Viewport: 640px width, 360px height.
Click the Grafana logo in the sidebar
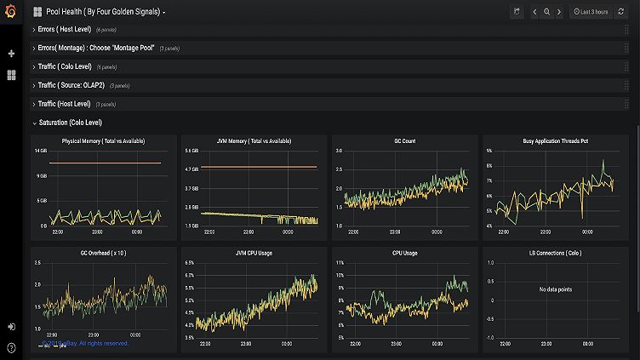tap(11, 12)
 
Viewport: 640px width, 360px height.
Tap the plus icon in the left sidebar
tap(11, 54)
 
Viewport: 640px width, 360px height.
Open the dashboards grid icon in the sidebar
tap(11, 75)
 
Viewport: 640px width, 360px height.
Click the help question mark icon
tap(11, 347)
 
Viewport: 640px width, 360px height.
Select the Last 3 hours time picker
tap(590, 12)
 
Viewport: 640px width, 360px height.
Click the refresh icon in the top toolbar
tap(620, 12)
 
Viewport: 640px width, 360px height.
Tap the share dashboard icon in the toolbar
tap(516, 12)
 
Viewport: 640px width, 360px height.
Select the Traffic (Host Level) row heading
tap(66, 104)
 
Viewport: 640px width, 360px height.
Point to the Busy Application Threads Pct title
tap(555, 140)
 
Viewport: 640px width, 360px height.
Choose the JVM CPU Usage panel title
tap(254, 253)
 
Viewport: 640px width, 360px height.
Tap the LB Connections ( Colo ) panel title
tap(555, 253)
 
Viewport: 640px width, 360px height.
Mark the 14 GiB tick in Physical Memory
tap(40, 151)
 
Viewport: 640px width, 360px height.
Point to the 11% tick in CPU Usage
tap(340, 263)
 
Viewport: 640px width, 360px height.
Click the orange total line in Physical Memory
tap(102, 163)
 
